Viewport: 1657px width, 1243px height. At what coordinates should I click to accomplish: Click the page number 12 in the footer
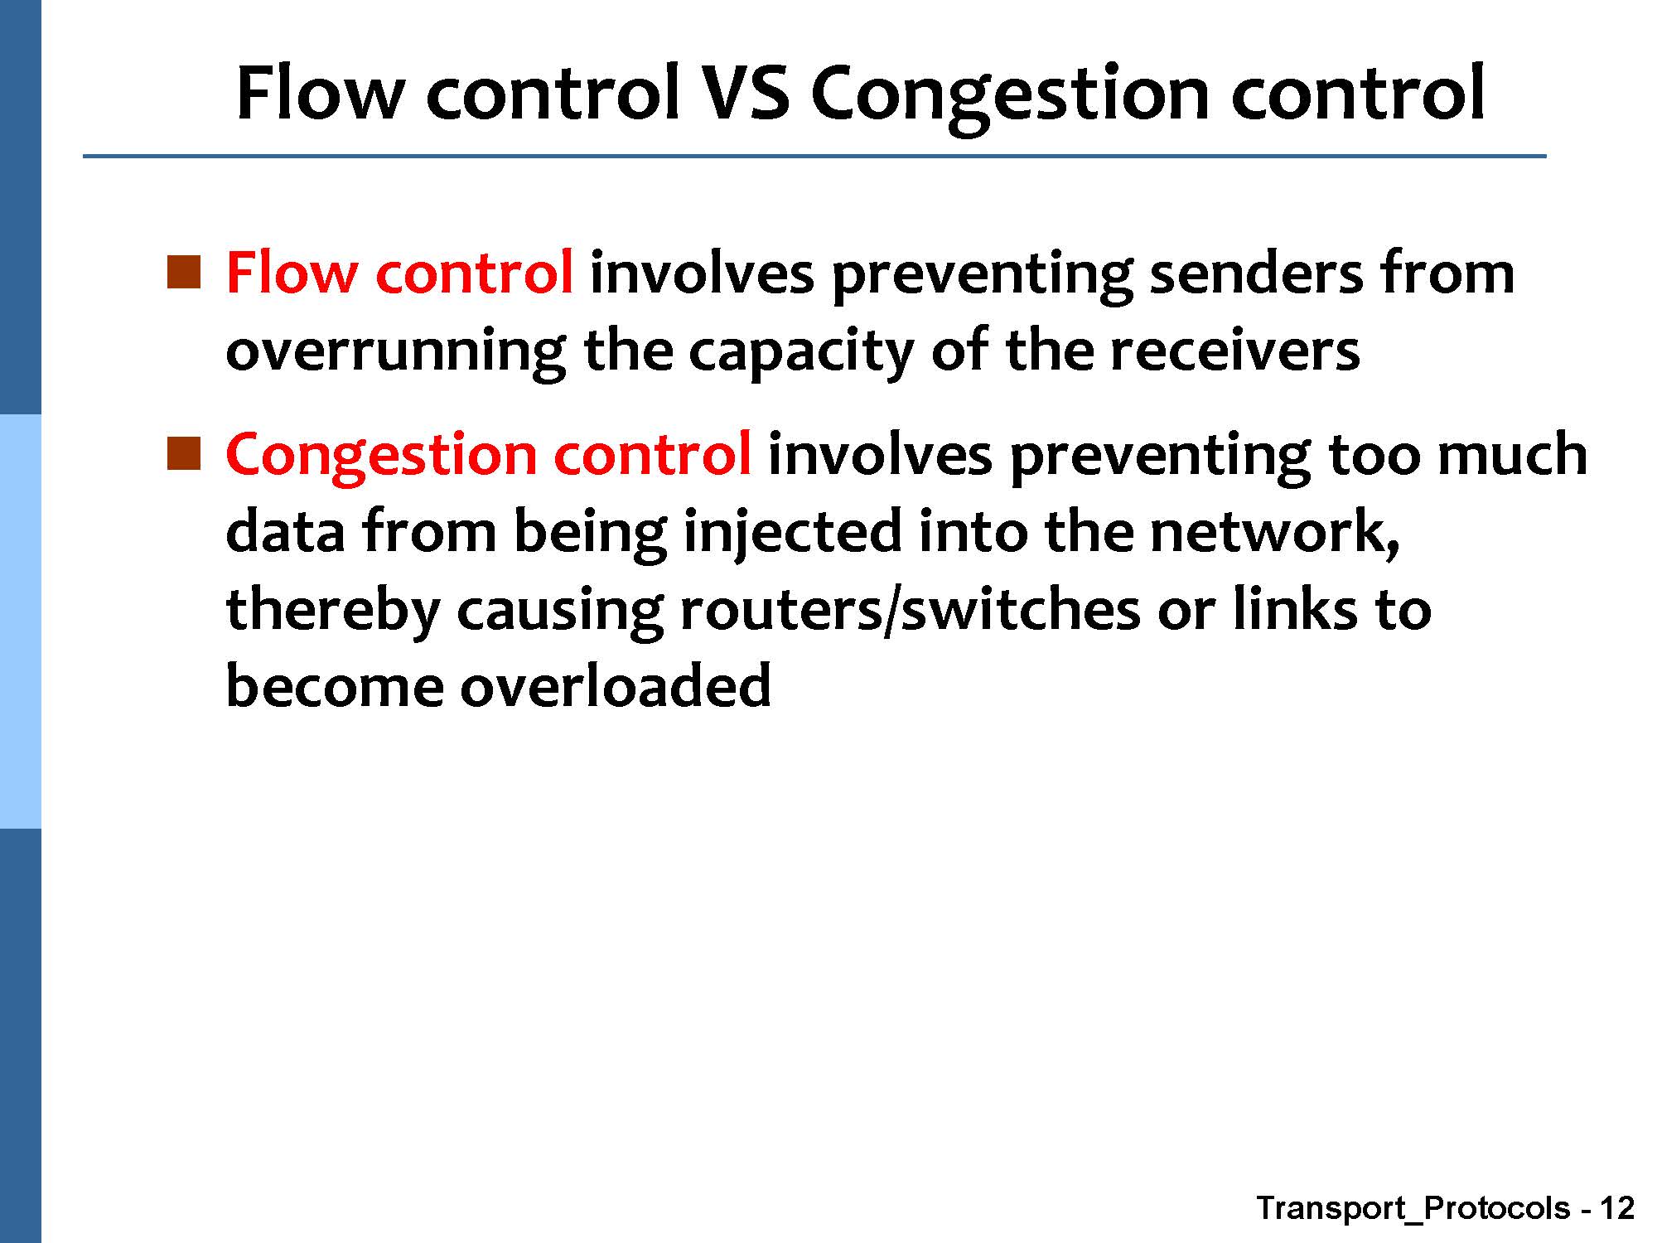1616,1207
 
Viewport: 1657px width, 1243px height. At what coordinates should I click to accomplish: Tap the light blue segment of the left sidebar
20,621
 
